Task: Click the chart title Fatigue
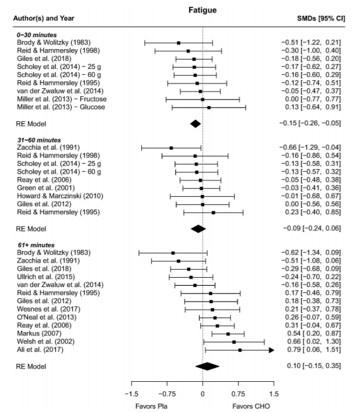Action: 202,10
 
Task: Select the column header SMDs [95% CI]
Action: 321,19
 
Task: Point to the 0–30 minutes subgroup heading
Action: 36,35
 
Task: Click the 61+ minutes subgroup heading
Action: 36,245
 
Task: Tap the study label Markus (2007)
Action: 39,333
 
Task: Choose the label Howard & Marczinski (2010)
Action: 60,196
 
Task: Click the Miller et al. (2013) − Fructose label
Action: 62,99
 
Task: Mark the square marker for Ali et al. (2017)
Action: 240,350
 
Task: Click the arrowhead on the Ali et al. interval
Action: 271,350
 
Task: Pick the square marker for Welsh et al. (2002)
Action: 234,342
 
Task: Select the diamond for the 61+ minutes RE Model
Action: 208,367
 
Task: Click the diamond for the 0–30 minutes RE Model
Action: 196,124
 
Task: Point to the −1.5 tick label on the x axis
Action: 131,394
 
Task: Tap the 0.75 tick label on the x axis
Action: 238,394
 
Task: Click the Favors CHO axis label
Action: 251,406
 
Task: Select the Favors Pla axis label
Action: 151,406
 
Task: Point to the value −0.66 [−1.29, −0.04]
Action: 310,147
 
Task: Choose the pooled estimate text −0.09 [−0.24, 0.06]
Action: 312,228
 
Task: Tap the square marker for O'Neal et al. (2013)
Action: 215,318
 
